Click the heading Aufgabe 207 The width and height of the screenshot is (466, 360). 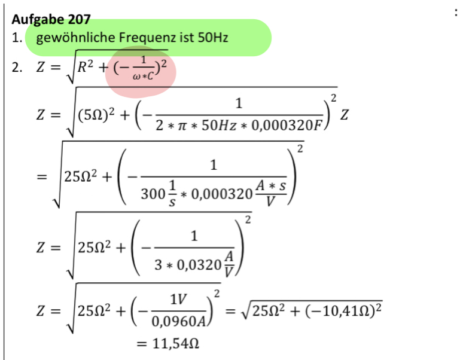pos(51,20)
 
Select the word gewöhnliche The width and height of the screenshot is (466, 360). pos(75,38)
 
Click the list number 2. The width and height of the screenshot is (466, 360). pos(17,68)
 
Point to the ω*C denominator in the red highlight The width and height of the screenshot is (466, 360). pos(143,77)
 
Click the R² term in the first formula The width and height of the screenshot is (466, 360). pos(85,66)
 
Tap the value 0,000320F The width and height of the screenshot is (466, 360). pos(287,126)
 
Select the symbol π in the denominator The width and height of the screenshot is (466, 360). pos(182,126)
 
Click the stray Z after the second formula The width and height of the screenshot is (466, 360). pos(344,115)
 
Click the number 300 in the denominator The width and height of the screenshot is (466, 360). pos(153,194)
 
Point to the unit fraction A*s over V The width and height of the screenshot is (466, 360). pos(271,193)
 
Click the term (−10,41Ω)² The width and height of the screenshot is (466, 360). pos(343,311)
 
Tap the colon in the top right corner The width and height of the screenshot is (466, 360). pos(456,13)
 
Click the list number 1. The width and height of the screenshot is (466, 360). pos(17,38)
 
